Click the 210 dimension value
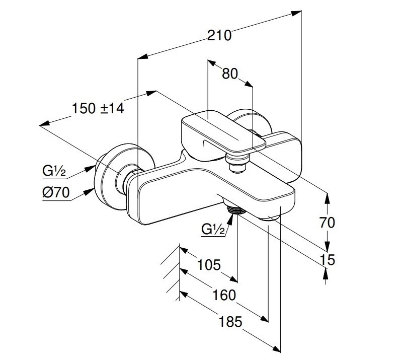click(x=220, y=35)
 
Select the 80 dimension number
click(x=229, y=74)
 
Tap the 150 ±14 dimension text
click(x=98, y=108)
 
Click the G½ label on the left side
click(x=54, y=171)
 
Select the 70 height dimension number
click(x=327, y=222)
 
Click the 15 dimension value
click(x=327, y=260)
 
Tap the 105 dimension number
click(x=208, y=264)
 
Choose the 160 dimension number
click(x=224, y=295)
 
